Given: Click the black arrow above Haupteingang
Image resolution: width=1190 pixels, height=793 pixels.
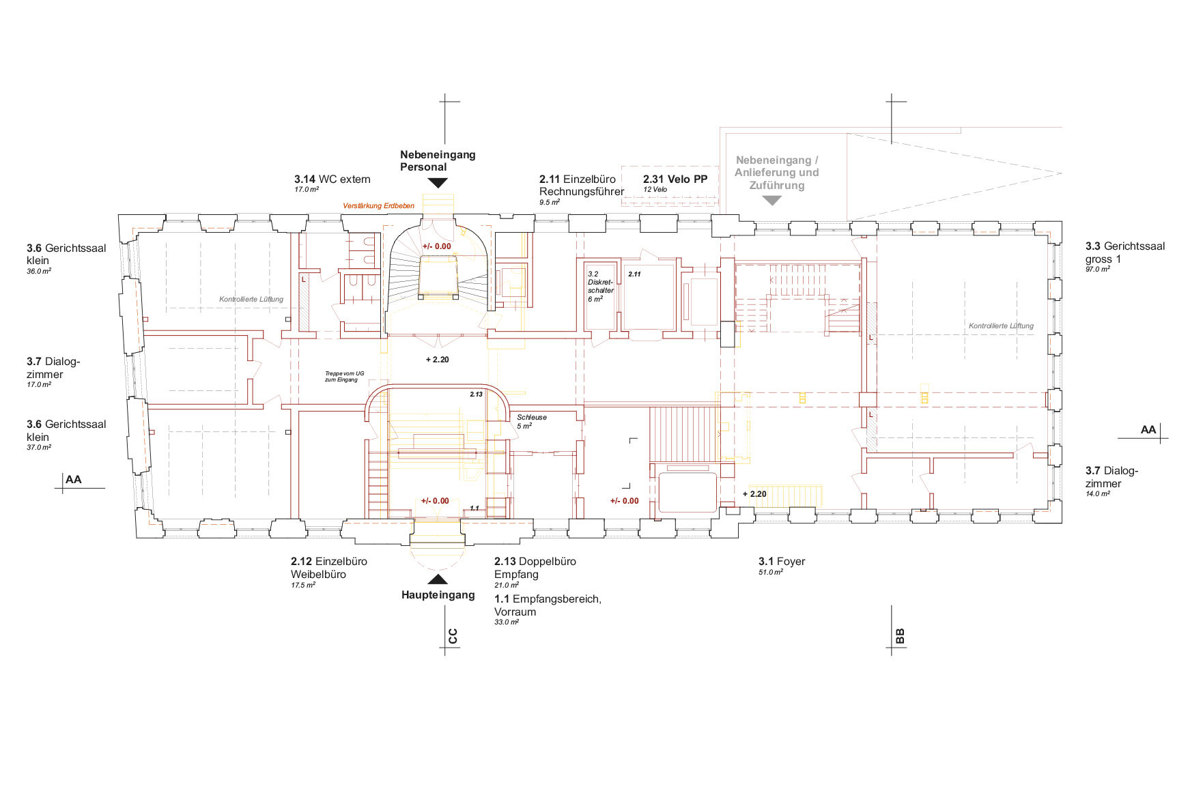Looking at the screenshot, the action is tap(438, 579).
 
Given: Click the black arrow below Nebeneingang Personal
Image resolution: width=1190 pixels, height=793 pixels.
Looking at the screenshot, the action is tap(438, 183).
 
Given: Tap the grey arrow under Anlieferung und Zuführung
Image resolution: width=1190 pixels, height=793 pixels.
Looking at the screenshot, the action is tap(771, 201).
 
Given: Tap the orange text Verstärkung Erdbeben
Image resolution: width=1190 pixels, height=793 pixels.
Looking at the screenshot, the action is tap(378, 205).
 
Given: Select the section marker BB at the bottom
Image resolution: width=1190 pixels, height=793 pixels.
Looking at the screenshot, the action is tap(900, 636).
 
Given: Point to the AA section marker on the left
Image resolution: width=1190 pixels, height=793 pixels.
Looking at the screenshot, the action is tap(74, 480).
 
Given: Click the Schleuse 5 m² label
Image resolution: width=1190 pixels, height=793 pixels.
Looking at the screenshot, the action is tap(532, 421).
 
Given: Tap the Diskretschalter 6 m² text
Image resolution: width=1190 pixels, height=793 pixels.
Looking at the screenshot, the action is tap(601, 287).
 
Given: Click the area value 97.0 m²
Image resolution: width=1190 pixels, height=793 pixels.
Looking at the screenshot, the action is tap(1098, 270).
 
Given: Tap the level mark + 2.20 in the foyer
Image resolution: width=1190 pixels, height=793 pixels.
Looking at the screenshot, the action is tap(754, 494).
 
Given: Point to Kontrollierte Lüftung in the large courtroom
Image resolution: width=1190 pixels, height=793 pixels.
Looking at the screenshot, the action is tap(1001, 326).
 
